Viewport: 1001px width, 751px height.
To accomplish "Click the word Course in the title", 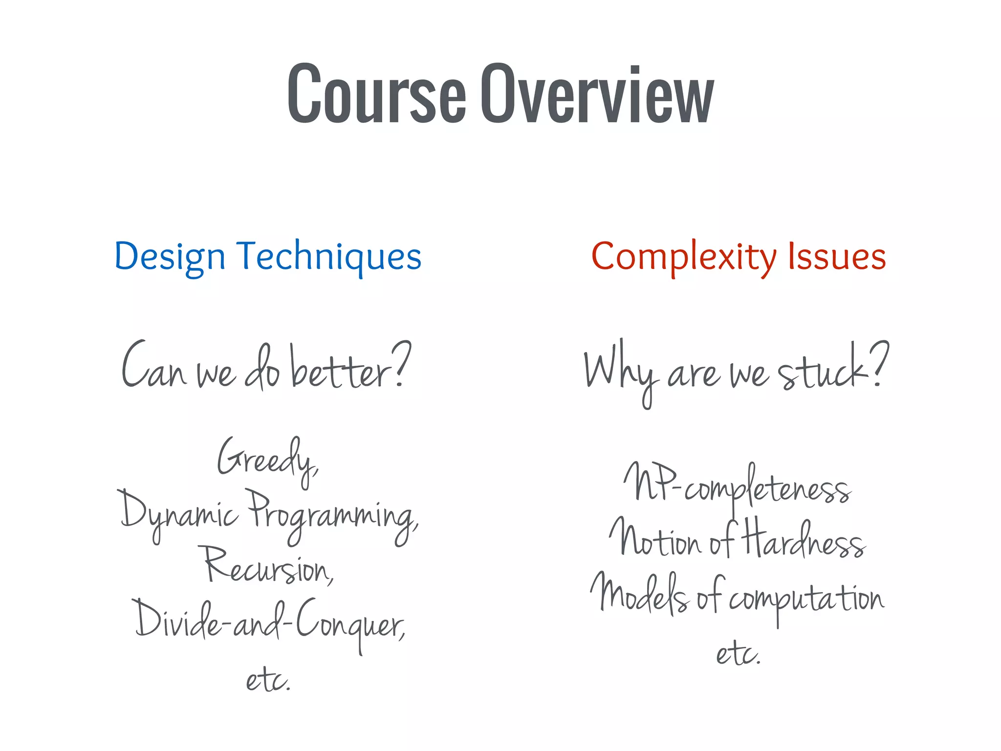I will (376, 94).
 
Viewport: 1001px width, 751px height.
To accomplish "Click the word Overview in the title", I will (597, 94).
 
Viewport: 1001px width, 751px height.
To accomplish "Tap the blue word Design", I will (170, 257).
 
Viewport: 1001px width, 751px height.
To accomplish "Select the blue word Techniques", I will (329, 257).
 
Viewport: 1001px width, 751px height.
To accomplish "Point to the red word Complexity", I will (683, 257).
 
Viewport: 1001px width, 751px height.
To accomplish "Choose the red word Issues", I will (836, 257).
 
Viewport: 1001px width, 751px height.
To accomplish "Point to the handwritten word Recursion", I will (269, 567).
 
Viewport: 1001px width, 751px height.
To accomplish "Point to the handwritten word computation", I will (806, 599).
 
